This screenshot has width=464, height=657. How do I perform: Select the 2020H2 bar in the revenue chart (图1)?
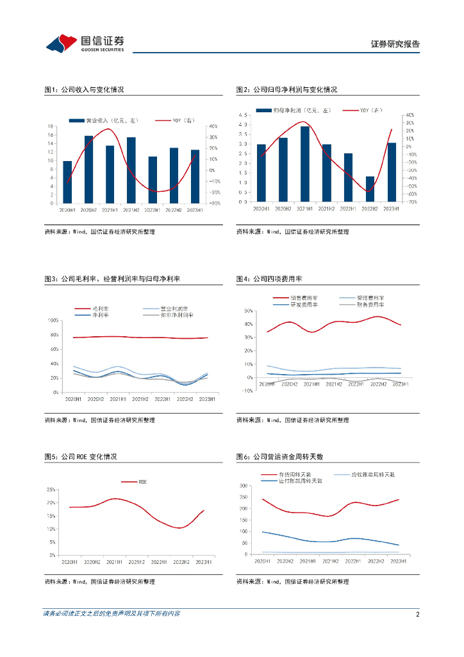[88, 169]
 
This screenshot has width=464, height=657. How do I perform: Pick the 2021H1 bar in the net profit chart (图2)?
[305, 164]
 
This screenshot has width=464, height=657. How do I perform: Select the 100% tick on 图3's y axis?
[53, 320]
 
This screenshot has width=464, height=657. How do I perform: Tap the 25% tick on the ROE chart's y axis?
[51, 490]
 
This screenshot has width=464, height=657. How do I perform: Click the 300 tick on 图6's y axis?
[244, 486]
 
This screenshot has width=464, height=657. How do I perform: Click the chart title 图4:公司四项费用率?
[269, 278]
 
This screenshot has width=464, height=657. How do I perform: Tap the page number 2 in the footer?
[417, 614]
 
